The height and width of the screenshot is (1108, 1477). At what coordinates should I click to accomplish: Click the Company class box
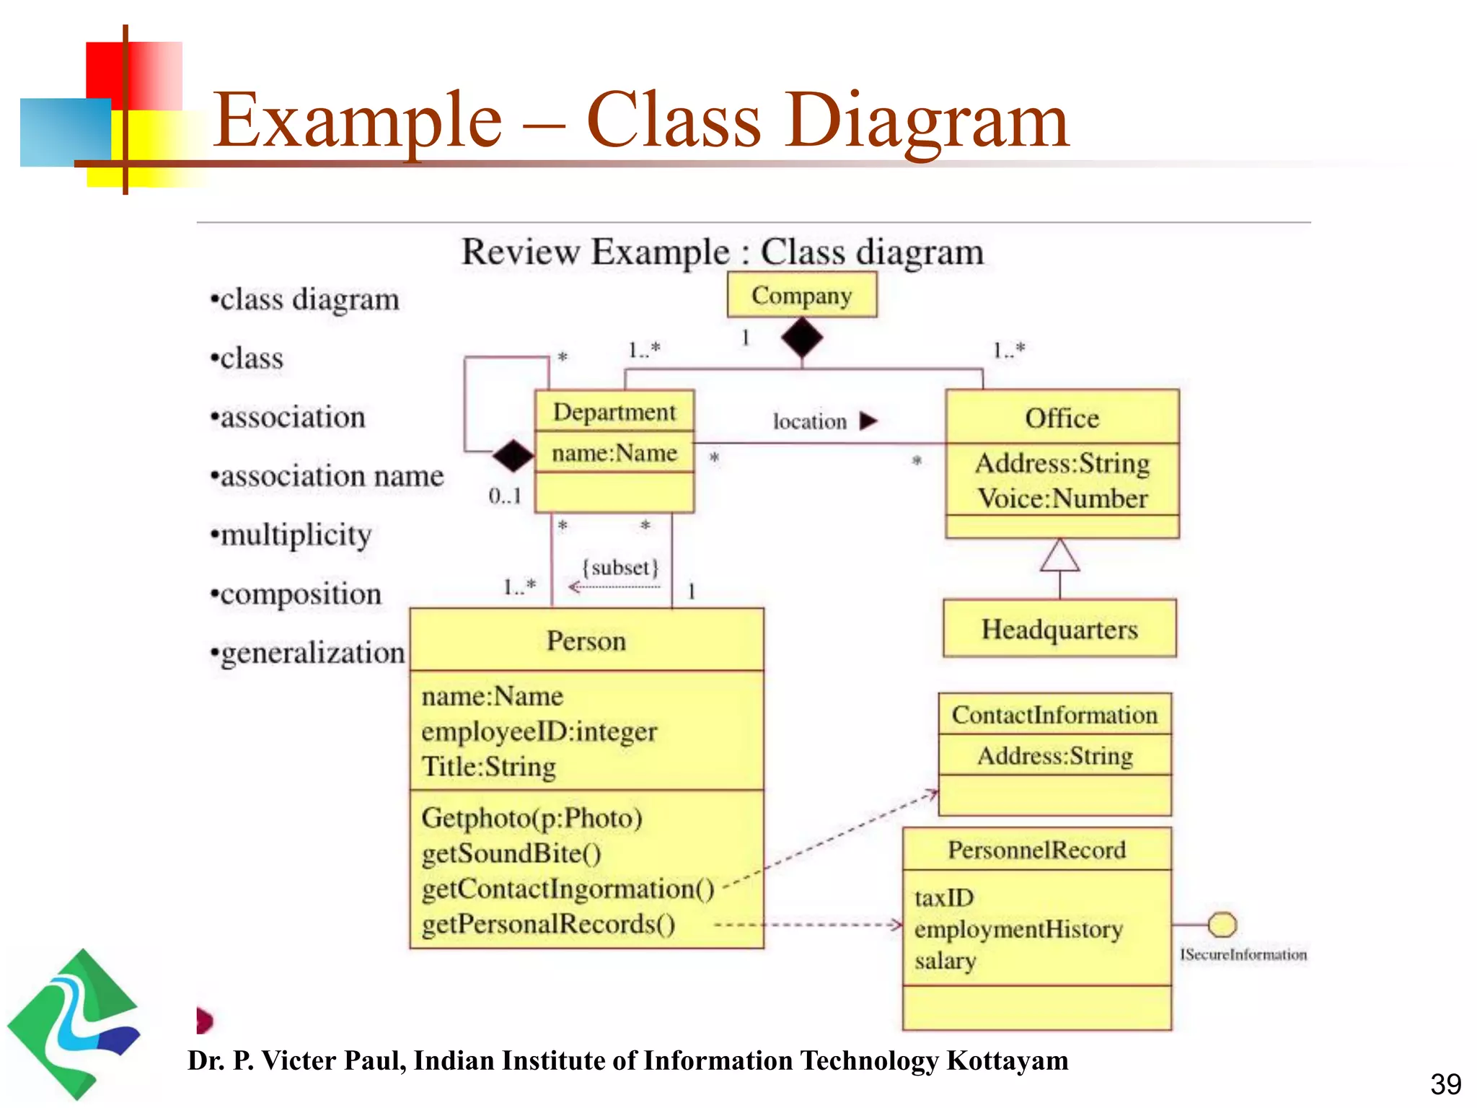click(x=801, y=295)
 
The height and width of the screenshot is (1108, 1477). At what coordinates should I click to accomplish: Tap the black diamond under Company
click(x=802, y=338)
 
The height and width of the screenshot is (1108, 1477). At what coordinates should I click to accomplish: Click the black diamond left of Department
click(x=513, y=455)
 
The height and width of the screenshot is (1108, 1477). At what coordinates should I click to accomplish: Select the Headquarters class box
click(x=1059, y=629)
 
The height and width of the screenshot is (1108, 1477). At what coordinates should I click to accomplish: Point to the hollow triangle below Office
click(x=1059, y=556)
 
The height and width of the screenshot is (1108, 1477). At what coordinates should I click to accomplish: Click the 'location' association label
click(x=809, y=421)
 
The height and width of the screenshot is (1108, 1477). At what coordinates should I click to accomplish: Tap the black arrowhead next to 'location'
click(x=868, y=421)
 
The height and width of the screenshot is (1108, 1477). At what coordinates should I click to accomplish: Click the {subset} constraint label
click(x=620, y=568)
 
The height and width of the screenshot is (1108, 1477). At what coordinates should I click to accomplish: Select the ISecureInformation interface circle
click(x=1222, y=924)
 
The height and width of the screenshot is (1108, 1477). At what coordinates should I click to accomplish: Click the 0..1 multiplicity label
click(x=504, y=496)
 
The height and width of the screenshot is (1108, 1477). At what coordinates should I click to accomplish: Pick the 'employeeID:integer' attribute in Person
click(x=539, y=731)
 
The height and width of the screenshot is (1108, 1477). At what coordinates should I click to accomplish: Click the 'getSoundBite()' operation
click(x=511, y=853)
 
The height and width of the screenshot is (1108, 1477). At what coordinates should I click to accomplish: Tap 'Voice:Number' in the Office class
click(x=1062, y=499)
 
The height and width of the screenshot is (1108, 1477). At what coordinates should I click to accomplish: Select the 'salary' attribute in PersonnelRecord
click(x=945, y=961)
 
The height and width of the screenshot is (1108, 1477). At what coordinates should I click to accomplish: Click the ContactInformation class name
click(x=1054, y=715)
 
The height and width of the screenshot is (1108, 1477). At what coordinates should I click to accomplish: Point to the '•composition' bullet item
click(x=295, y=594)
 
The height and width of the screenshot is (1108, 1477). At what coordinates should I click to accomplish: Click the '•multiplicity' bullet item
click(x=291, y=535)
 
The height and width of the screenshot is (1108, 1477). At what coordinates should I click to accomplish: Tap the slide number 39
click(x=1445, y=1083)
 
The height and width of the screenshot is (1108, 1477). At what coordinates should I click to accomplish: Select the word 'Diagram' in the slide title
click(x=927, y=120)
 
